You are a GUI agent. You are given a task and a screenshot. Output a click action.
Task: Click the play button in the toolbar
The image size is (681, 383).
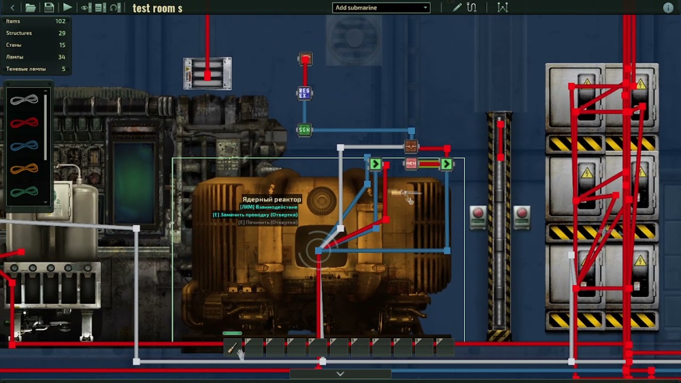pos(67,7)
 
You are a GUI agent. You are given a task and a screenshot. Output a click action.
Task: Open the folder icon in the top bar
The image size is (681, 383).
pos(30,7)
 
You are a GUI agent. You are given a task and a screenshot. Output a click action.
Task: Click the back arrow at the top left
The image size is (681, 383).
pos(13,7)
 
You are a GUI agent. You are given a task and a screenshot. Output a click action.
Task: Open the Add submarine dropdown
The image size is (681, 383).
pos(381,7)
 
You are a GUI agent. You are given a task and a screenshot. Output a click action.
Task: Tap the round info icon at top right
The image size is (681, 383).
pos(668,8)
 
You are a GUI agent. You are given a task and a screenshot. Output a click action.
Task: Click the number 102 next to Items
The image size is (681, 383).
pos(60,21)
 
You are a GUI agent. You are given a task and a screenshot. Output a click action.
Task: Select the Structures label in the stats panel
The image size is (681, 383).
pos(19,33)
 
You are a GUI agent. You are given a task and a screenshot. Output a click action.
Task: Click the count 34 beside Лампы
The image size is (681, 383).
pos(62,57)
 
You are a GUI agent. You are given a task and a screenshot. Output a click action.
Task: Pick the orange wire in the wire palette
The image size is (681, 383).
pos(24,169)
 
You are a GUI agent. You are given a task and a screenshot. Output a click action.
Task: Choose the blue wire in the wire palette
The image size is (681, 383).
pos(24,146)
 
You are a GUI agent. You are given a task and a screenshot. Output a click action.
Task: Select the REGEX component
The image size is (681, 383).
pos(304,94)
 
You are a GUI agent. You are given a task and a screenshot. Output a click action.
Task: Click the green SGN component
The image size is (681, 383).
pos(304,130)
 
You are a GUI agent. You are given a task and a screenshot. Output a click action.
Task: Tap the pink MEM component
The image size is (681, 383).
pos(411,164)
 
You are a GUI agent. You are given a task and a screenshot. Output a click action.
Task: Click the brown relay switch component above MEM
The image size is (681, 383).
pos(411,146)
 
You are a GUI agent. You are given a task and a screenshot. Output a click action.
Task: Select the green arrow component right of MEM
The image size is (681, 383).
pos(446,164)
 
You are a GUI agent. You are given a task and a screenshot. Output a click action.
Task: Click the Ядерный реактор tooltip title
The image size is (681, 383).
pos(271,199)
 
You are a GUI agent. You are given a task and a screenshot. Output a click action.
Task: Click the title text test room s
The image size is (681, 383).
pos(157,8)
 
